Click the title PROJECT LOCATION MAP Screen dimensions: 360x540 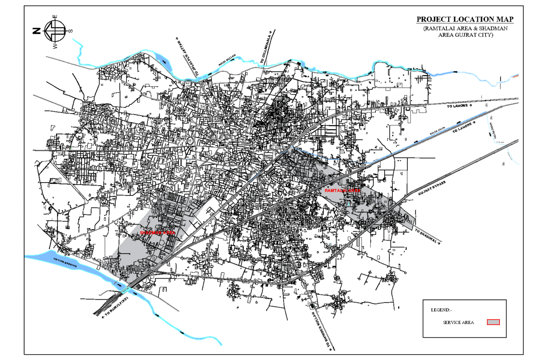465,19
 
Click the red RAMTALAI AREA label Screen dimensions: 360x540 342,191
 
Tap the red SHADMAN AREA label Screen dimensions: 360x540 157,233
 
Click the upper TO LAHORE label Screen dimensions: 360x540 459,106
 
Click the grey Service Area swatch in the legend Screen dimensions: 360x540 494,322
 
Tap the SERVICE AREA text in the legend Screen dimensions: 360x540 458,322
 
